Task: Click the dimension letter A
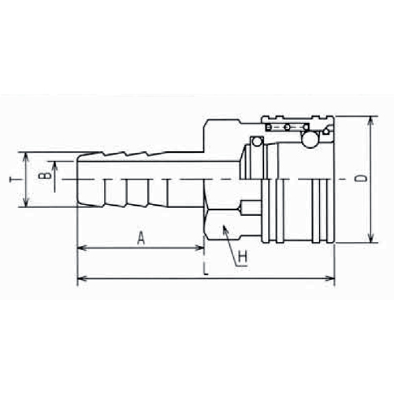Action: click(141, 238)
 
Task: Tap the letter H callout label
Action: click(243, 257)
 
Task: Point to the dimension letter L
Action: click(206, 269)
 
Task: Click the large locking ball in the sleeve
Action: click(310, 139)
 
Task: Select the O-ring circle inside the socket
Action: click(257, 142)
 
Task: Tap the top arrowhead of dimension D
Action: click(370, 121)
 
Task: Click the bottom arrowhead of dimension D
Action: click(370, 237)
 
